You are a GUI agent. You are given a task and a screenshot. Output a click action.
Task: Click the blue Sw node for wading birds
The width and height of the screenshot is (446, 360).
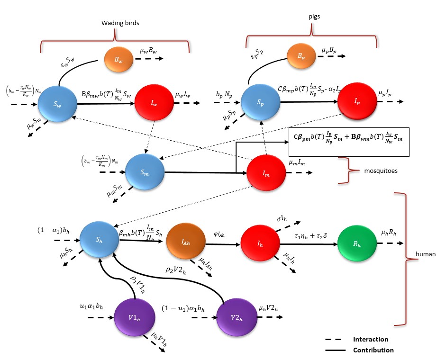click(58, 105)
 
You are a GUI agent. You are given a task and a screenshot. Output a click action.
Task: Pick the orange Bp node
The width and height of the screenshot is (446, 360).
click(301, 56)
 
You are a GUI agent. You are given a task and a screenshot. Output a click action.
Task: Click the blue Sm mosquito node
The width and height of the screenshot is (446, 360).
click(145, 172)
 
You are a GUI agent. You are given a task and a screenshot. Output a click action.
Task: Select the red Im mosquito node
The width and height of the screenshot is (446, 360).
click(266, 173)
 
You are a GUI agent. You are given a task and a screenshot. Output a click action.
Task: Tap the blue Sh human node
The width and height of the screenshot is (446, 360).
click(99, 240)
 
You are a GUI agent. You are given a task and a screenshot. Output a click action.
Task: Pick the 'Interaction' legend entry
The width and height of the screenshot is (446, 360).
click(370, 339)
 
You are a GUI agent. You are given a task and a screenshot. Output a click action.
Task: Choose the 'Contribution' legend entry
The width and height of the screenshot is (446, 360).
click(373, 350)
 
